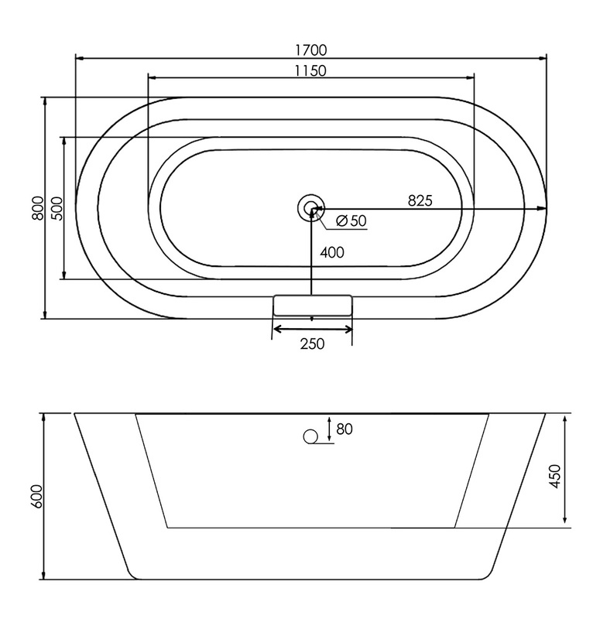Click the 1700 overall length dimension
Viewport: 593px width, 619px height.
tap(311, 50)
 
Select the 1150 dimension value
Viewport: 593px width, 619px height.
tap(310, 71)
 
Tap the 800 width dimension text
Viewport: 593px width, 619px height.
tap(38, 207)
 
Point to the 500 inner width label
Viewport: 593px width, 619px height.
tap(57, 208)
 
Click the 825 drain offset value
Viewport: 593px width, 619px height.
tap(420, 200)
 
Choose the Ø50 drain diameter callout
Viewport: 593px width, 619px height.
tap(351, 221)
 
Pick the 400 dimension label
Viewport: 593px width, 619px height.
tap(332, 252)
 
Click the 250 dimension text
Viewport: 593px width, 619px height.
tap(312, 344)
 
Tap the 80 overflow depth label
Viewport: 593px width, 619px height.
tap(344, 429)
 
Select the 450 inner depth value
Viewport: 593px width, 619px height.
tap(555, 476)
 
